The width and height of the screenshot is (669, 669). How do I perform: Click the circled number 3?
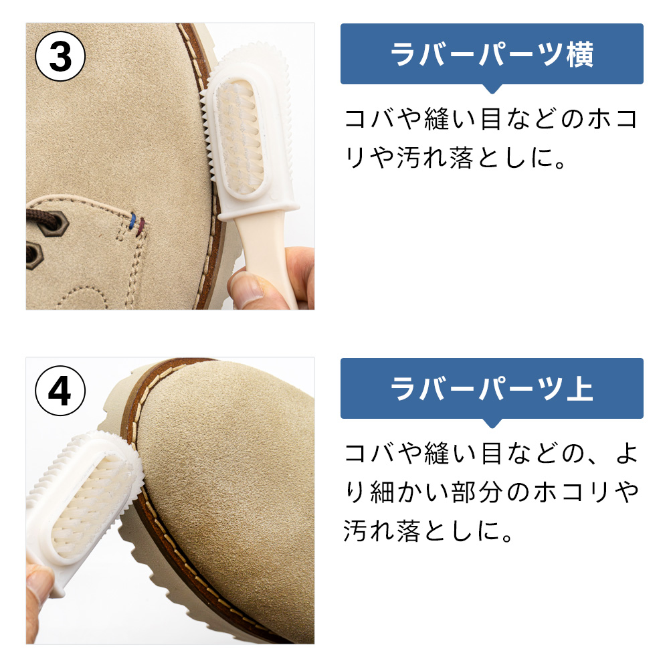(60, 57)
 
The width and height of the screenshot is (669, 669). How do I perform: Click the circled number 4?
(60, 391)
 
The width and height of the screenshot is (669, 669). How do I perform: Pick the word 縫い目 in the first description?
(461, 119)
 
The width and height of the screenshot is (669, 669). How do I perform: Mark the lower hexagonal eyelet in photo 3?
(34, 255)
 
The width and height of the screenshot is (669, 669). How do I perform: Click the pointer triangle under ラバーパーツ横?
(492, 89)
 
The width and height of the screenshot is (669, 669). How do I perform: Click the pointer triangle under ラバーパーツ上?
(492, 423)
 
